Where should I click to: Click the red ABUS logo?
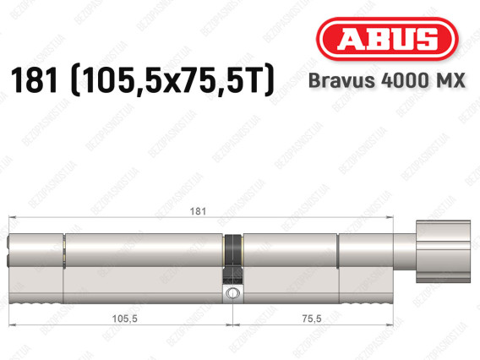[x=387, y=39]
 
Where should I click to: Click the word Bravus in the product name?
[x=341, y=80]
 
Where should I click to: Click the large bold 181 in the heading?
[x=35, y=80]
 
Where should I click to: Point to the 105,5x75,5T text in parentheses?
[x=172, y=80]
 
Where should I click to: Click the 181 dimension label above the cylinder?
[x=198, y=211]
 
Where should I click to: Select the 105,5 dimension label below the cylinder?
[x=124, y=319]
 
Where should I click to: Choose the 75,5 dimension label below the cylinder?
[x=312, y=319]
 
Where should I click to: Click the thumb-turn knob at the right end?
[x=443, y=252]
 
